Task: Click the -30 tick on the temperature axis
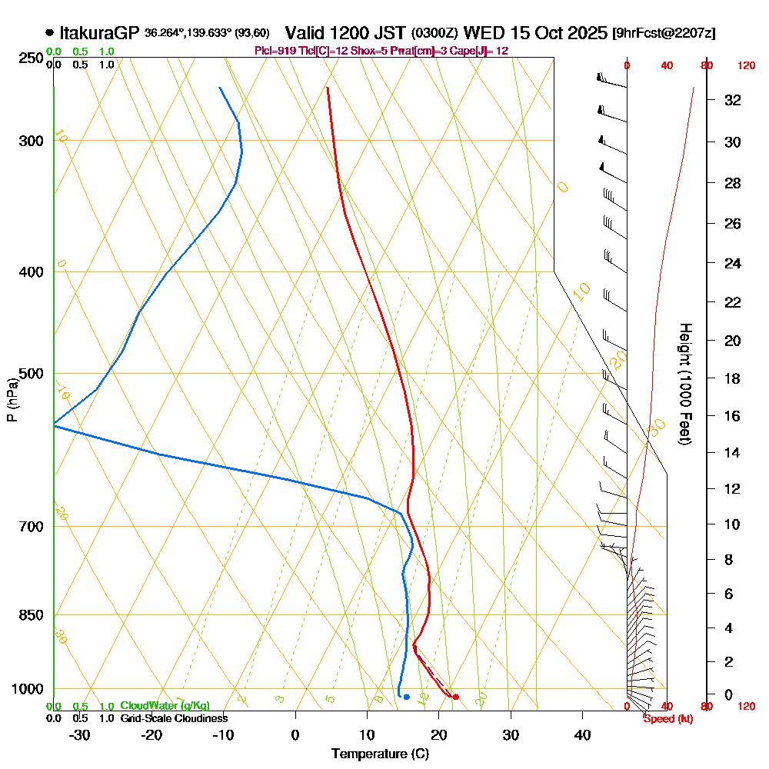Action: [x=80, y=734]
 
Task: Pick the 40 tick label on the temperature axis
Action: [x=583, y=734]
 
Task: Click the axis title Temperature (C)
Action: [x=380, y=754]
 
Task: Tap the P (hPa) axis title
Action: [x=12, y=400]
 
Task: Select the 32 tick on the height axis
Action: [x=733, y=100]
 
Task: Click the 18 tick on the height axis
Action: [x=733, y=378]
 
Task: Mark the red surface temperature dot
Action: [x=456, y=697]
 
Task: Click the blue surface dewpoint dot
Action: [x=406, y=697]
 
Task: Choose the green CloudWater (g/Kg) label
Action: [x=165, y=706]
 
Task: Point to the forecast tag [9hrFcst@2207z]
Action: [x=664, y=34]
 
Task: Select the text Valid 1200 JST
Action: [x=345, y=33]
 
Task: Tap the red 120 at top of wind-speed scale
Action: [x=745, y=66]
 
